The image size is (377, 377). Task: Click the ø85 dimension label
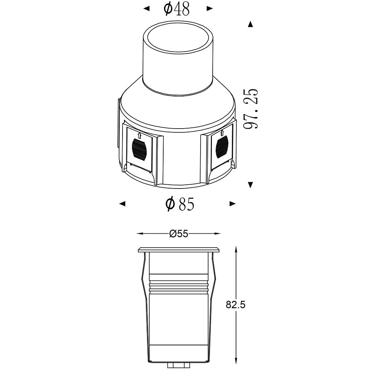179,204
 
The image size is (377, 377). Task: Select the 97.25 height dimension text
251,109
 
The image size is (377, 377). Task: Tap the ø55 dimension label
178,233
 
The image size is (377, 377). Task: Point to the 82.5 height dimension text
235,305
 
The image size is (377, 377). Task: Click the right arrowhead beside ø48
210,9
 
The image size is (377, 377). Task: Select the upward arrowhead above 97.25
251,24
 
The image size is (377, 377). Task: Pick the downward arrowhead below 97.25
251,185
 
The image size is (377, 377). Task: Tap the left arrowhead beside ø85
123,204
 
